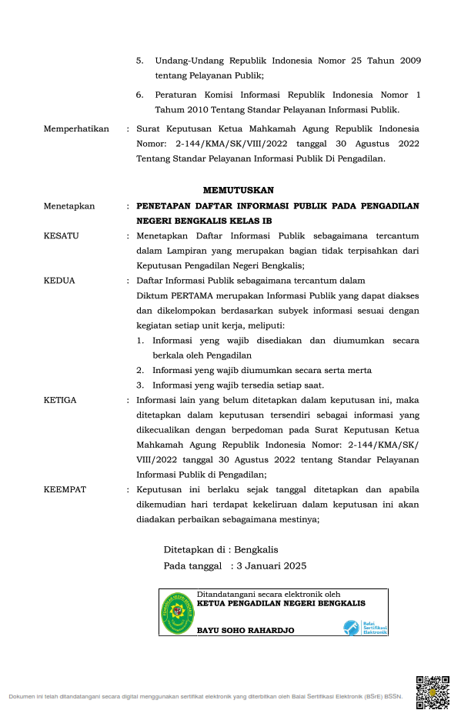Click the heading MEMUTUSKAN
click(238, 190)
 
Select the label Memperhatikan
click(76, 129)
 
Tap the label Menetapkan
click(69, 206)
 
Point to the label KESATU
click(61, 235)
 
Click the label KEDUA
click(59, 281)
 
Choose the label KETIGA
click(60, 400)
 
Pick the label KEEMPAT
click(65, 489)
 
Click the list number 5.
click(140, 60)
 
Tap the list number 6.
click(140, 95)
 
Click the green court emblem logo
click(177, 613)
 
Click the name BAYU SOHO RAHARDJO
click(246, 631)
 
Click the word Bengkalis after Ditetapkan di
click(256, 550)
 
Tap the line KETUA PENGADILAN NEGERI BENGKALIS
click(281, 603)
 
